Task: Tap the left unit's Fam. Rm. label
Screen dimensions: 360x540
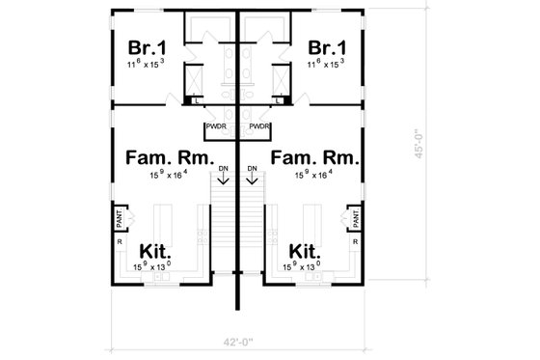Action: (x=163, y=156)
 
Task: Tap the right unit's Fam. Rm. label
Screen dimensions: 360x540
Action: (x=315, y=156)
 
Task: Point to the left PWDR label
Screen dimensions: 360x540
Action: (x=214, y=125)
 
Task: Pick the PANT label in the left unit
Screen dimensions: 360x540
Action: (x=121, y=221)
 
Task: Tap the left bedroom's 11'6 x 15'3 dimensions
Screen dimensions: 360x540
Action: (x=146, y=63)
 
